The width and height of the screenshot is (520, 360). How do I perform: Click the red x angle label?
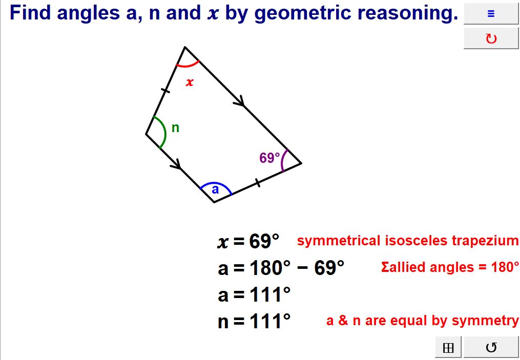(x=190, y=82)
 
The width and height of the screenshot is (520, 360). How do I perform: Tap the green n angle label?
(x=175, y=128)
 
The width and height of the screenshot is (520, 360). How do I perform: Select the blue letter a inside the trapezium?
(x=215, y=189)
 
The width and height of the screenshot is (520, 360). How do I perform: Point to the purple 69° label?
(x=269, y=158)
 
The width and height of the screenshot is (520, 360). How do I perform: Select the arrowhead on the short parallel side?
(x=177, y=165)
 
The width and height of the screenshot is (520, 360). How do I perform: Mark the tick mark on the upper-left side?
(x=165, y=91)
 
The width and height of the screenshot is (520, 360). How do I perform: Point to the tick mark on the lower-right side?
(x=258, y=182)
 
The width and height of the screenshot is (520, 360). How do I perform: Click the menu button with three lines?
(x=491, y=14)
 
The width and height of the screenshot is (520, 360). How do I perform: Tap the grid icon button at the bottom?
(x=448, y=348)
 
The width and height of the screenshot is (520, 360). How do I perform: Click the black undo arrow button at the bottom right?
(x=491, y=348)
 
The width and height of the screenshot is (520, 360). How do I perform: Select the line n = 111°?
(x=254, y=322)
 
